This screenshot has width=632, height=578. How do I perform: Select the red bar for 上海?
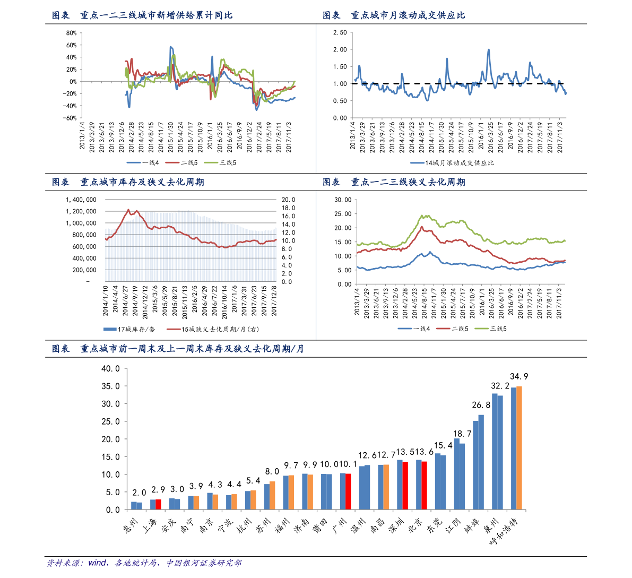point(158,504)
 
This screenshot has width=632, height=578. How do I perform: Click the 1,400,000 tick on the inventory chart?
point(81,200)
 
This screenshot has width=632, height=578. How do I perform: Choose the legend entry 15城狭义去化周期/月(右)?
point(212,329)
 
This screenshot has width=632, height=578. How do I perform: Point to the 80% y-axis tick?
point(72,33)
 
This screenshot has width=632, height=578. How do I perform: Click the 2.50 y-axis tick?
point(340,33)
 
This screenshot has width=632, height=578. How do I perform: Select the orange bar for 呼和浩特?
point(519,448)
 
